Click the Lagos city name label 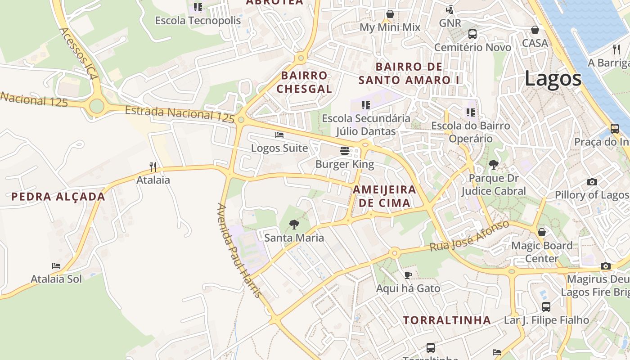553,79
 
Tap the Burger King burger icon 345,151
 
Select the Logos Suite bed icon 279,135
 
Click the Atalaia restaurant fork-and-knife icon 153,167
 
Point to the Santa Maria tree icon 294,224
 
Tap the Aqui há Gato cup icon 408,274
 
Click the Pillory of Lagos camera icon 592,182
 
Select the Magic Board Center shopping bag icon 542,232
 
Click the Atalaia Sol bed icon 56,266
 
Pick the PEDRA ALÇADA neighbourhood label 58,197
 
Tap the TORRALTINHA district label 446,320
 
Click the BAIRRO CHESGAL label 304,82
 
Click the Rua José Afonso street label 469,236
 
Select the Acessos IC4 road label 78,54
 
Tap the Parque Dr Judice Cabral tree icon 494,165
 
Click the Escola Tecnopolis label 198,21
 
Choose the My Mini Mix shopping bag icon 390,14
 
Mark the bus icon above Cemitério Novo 472,34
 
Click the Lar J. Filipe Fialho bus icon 546,307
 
